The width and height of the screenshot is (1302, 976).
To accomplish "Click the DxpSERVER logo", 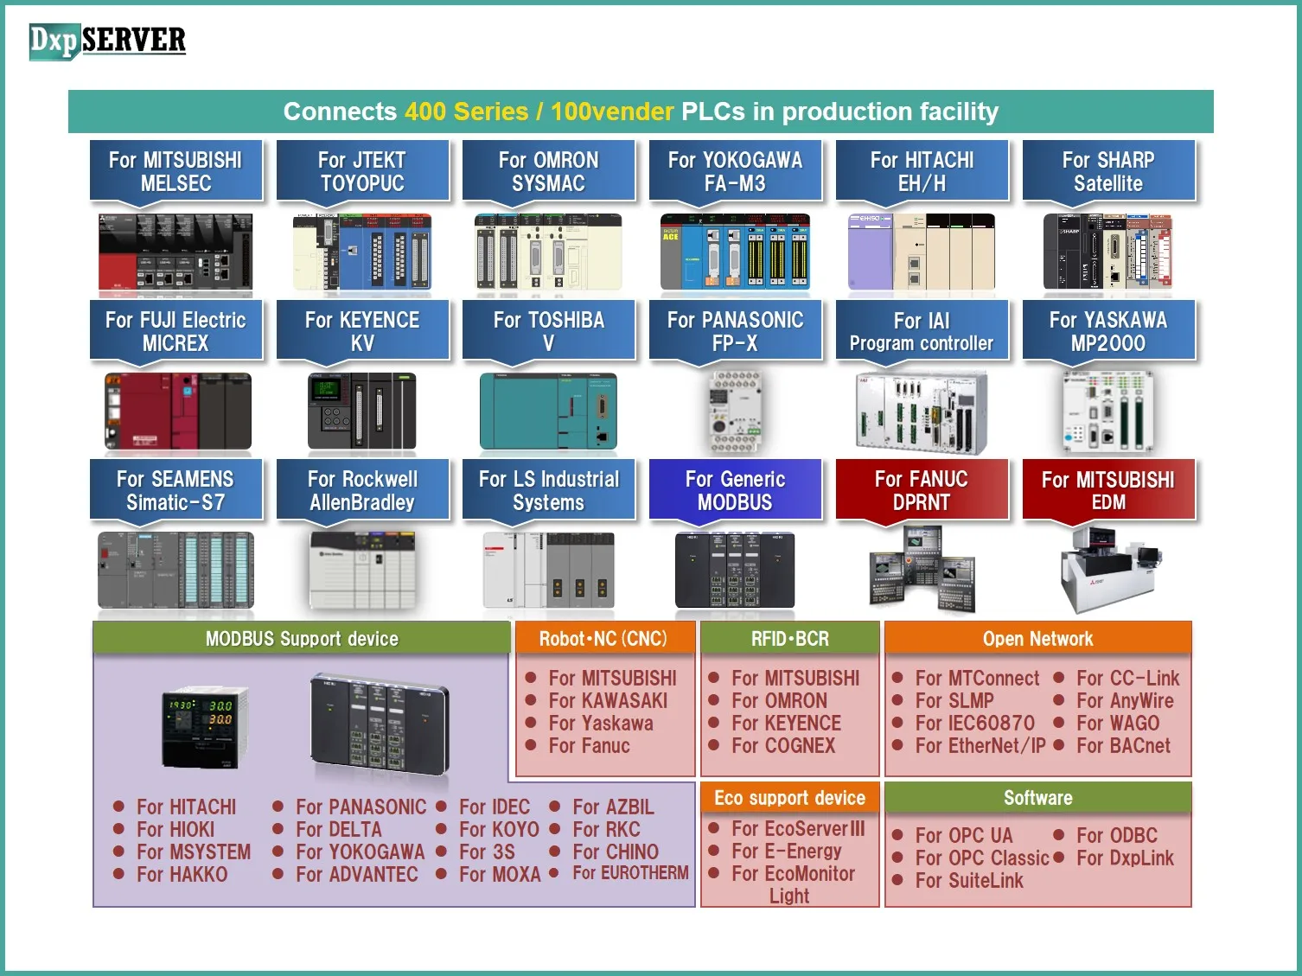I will click(x=107, y=41).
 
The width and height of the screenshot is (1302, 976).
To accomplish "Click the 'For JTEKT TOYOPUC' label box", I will click(x=362, y=171).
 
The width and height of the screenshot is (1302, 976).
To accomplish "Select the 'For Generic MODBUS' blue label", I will click(x=735, y=490).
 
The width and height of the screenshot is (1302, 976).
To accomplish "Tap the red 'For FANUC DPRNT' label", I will click(x=922, y=490).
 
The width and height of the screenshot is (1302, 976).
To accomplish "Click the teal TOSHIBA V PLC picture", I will click(x=548, y=411).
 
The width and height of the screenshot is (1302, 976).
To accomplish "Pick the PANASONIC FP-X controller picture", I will click(x=735, y=411).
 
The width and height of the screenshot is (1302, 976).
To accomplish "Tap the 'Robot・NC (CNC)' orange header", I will click(x=603, y=639).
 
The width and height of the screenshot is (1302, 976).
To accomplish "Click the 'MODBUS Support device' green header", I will click(x=302, y=639).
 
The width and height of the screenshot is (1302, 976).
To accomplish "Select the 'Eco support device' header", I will click(x=789, y=798).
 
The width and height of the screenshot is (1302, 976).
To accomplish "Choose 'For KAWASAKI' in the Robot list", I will click(x=608, y=701).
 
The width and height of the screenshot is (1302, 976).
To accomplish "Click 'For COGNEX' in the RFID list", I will click(x=783, y=746).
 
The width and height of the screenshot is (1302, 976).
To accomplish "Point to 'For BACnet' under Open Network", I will click(x=1123, y=746).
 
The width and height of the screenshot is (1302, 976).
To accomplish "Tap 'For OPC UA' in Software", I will click(x=963, y=836).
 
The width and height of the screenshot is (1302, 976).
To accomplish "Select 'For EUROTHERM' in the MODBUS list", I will click(x=630, y=873).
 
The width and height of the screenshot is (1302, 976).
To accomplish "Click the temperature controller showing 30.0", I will click(x=205, y=726).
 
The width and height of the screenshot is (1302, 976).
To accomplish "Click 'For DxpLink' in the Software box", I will click(x=1125, y=858).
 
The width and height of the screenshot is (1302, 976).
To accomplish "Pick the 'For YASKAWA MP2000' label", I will click(x=1108, y=331).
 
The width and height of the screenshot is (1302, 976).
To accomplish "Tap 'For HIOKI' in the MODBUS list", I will click(x=176, y=830).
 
